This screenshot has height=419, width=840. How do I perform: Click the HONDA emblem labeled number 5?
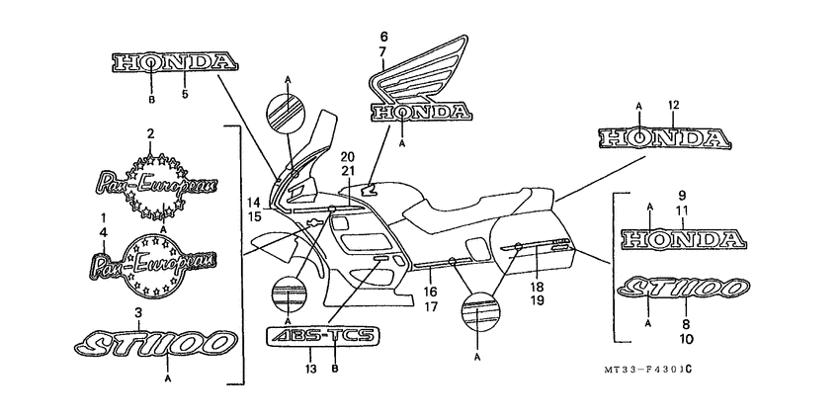click(x=174, y=63)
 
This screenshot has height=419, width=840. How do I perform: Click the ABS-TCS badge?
click(x=322, y=336)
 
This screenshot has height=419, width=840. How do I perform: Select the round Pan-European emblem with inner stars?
click(x=156, y=262)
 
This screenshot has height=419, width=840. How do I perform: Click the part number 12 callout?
click(x=673, y=105)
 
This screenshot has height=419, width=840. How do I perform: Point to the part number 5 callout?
click(x=185, y=95)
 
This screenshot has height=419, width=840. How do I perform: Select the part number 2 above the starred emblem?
click(x=150, y=133)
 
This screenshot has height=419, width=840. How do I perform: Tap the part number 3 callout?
click(x=138, y=312)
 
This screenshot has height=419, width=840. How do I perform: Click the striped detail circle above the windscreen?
click(x=285, y=112)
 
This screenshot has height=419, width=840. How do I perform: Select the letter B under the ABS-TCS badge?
click(x=335, y=370)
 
